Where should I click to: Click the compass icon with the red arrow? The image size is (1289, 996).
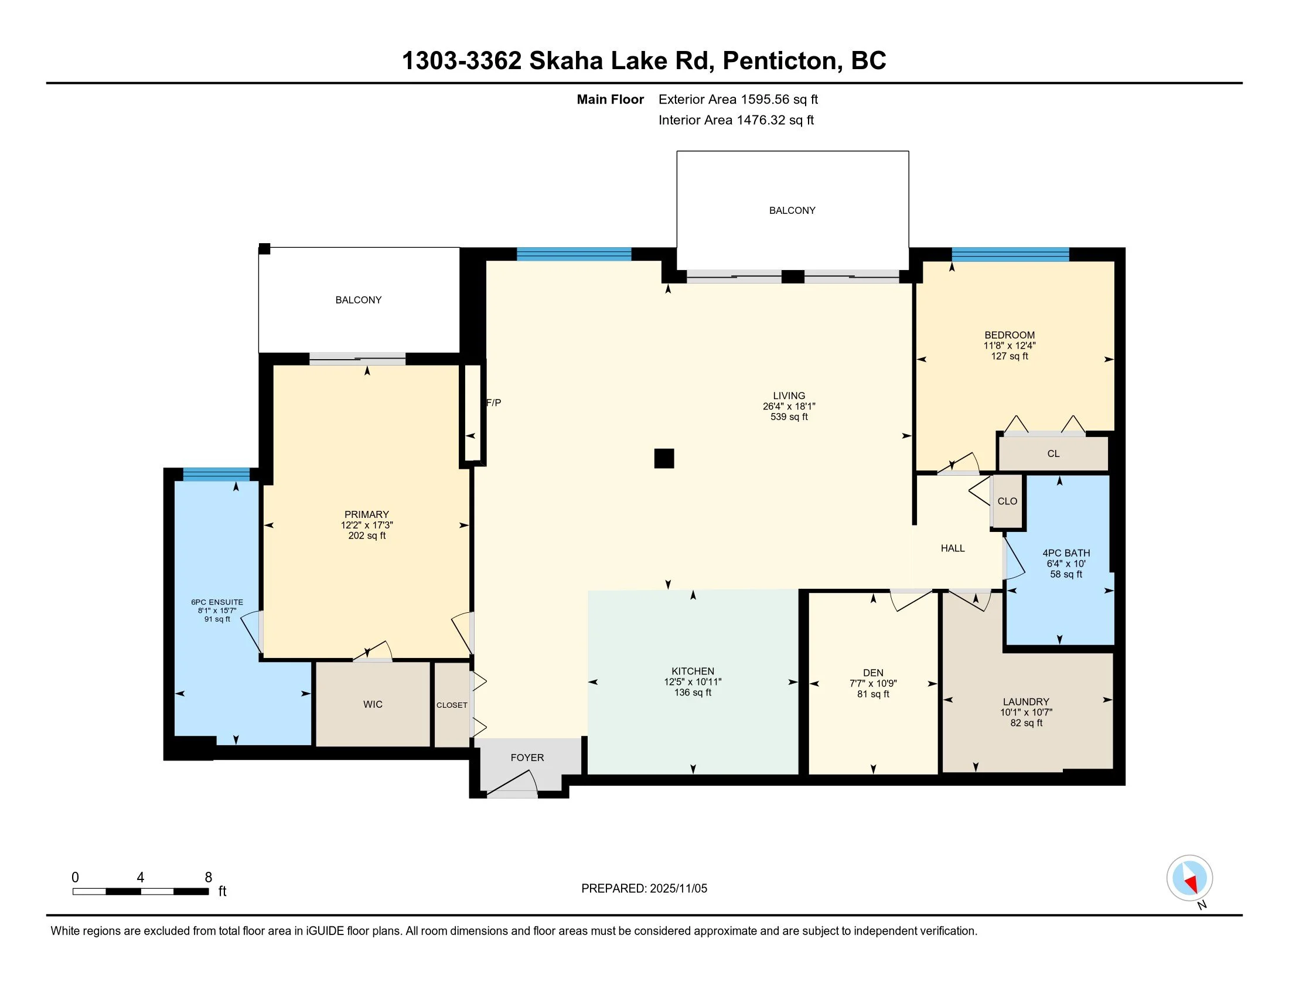point(1189,878)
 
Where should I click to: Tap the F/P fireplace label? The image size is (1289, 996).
point(493,403)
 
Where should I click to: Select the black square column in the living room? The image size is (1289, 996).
point(664,459)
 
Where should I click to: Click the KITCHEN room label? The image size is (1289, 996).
point(693,671)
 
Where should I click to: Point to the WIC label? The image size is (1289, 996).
point(373,704)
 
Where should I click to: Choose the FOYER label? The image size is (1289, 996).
point(527,758)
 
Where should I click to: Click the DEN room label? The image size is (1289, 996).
point(873,673)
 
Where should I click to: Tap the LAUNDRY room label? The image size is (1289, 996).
point(1026,701)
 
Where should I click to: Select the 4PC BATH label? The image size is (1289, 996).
point(1066,553)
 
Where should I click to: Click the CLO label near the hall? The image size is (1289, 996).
point(1008,501)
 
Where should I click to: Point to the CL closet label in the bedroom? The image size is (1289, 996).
point(1053,453)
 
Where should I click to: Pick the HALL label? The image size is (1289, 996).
point(953,548)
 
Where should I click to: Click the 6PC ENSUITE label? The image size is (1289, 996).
point(217,602)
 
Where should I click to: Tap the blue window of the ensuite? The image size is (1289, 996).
point(216,475)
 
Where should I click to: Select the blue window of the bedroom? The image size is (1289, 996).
point(1011,254)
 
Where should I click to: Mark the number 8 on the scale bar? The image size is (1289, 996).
point(208,878)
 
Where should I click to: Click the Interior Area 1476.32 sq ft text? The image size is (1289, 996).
point(736,120)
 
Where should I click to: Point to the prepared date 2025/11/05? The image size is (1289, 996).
point(677,889)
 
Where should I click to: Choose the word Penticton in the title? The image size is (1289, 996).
point(783,62)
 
